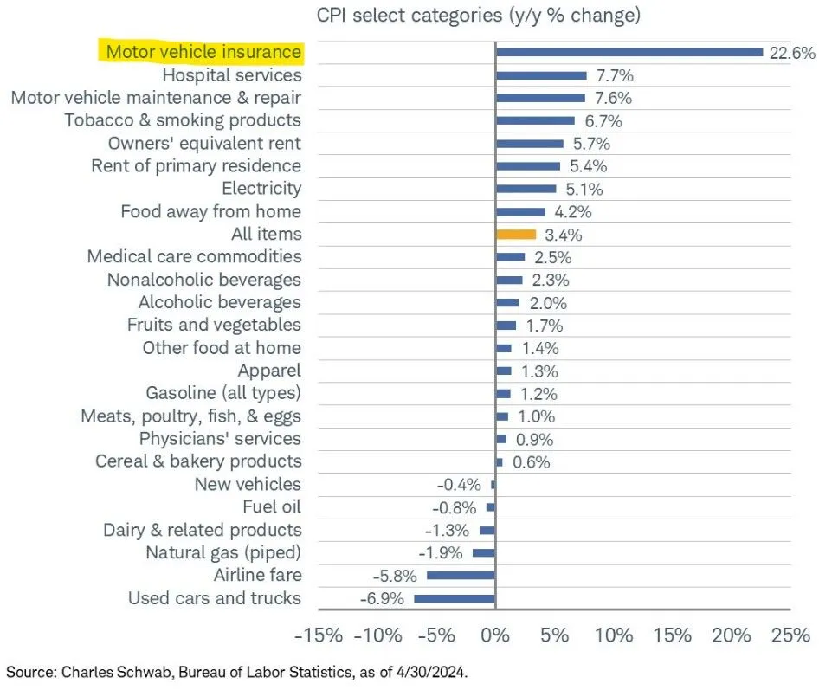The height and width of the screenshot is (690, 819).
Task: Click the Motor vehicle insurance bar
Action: pyautogui.click(x=629, y=53)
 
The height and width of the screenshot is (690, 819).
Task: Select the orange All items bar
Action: pyautogui.click(x=516, y=235)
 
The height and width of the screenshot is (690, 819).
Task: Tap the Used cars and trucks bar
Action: pyautogui.click(x=455, y=598)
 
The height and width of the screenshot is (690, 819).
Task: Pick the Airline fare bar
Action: pyautogui.click(x=461, y=576)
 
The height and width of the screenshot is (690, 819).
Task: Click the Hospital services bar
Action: pyautogui.click(x=541, y=75)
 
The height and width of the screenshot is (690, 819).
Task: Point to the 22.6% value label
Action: pyautogui.click(x=792, y=53)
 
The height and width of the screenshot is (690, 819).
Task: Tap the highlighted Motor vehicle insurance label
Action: pyautogui.click(x=203, y=53)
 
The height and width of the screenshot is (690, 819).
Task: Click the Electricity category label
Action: pyautogui.click(x=261, y=189)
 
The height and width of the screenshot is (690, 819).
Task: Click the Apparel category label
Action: pyautogui.click(x=269, y=371)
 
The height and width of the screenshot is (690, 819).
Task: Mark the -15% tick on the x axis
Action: pyautogui.click(x=318, y=637)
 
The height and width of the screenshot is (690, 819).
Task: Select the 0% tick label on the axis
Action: pyautogui.click(x=494, y=637)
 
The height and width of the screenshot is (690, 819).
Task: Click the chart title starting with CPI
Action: pyautogui.click(x=479, y=16)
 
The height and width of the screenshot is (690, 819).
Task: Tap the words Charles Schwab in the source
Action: pyautogui.click(x=100, y=672)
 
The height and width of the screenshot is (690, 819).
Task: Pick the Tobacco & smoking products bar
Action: pyautogui.click(x=535, y=121)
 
